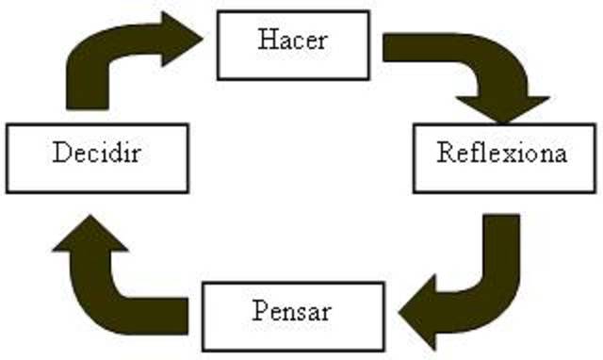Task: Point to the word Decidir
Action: tap(97, 152)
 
